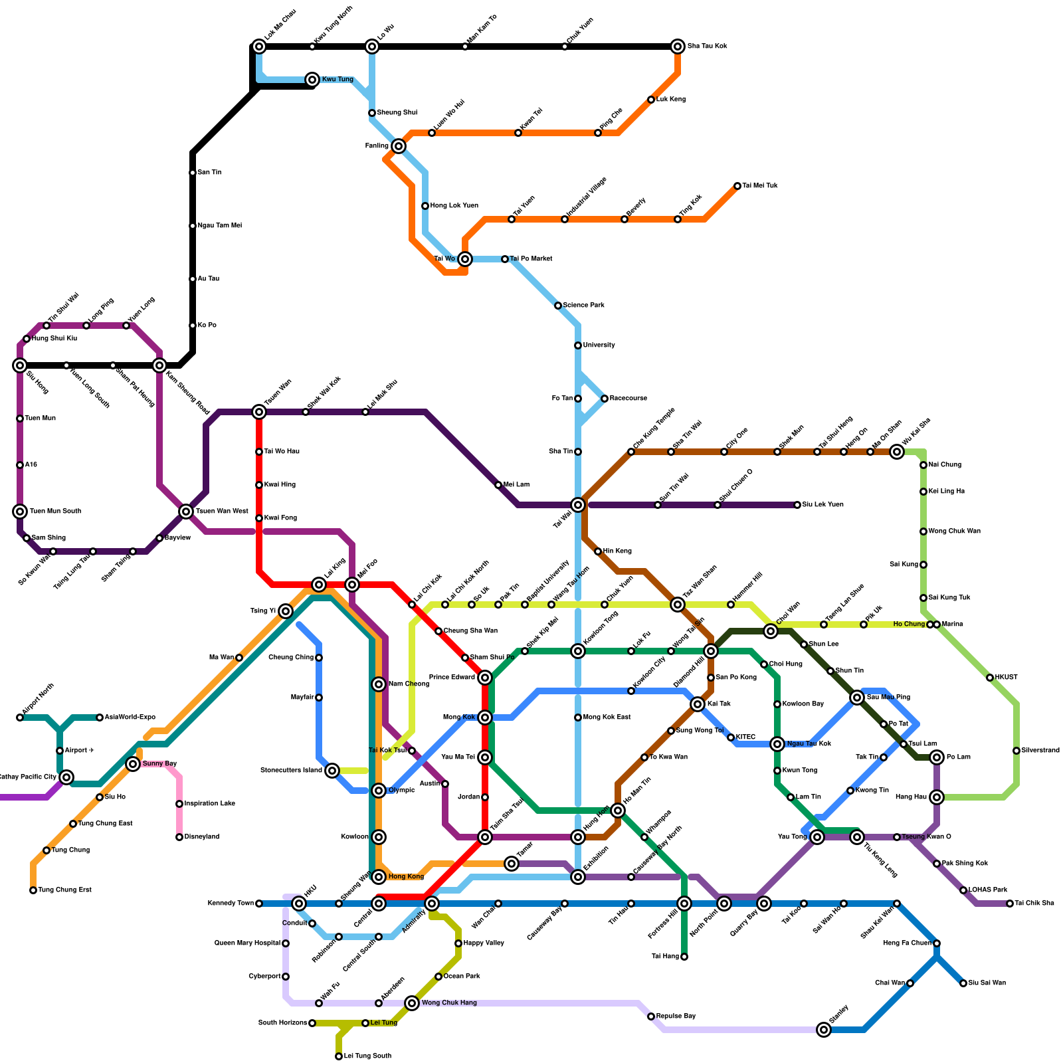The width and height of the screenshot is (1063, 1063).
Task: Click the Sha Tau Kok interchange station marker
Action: click(678, 47)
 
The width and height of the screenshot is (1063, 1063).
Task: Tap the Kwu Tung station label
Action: click(338, 80)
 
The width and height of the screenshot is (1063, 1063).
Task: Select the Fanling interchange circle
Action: click(399, 146)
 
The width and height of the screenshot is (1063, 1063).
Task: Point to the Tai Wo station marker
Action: click(465, 259)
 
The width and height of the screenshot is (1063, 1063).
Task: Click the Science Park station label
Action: click(583, 306)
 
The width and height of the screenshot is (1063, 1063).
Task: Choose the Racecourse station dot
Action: click(605, 399)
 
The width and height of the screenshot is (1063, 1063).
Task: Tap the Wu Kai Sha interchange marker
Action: click(897, 452)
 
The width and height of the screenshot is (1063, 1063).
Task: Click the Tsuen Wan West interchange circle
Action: click(186, 512)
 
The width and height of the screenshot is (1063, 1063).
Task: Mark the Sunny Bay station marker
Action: click(133, 764)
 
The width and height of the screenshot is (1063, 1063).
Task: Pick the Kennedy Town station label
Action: click(231, 904)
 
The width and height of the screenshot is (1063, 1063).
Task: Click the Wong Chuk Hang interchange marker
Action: click(412, 1003)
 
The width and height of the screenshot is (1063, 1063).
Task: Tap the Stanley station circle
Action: click(824, 1030)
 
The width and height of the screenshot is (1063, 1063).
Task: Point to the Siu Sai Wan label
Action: click(987, 983)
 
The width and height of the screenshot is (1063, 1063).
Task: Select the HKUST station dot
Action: click(990, 678)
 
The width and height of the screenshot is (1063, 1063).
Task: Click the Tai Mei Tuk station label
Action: click(760, 186)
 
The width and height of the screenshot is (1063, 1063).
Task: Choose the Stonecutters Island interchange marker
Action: click(332, 771)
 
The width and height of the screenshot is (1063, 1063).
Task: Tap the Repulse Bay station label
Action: click(676, 1016)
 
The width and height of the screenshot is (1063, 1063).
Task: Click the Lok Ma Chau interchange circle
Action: click(259, 47)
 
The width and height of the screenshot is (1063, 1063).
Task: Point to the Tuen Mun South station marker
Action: click(20, 512)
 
